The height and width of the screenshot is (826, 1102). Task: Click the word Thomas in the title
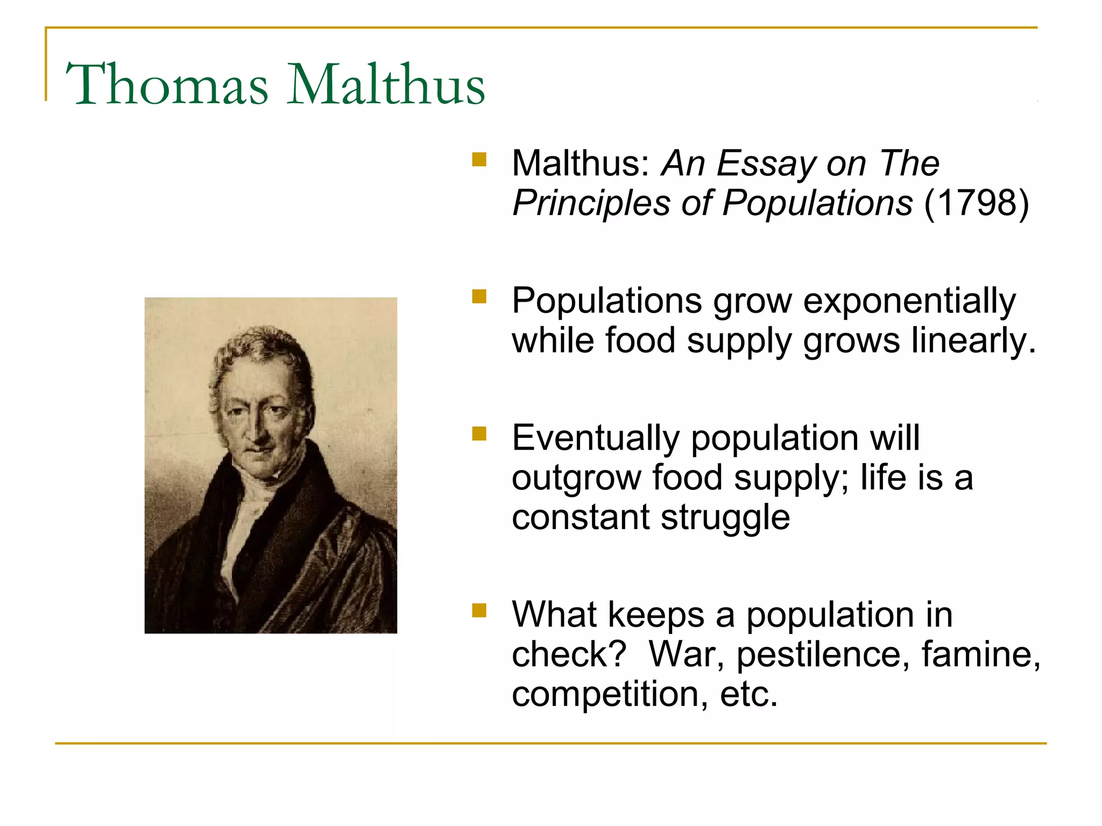click(x=167, y=85)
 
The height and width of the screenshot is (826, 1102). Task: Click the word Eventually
click(x=595, y=438)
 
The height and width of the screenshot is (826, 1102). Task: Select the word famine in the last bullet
click(x=980, y=655)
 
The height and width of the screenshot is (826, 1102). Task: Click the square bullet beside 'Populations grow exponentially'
click(x=479, y=297)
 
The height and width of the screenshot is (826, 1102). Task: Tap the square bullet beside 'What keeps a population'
click(x=479, y=610)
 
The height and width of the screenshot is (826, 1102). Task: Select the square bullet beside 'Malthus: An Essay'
click(x=479, y=160)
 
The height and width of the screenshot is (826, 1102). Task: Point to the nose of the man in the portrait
click(x=252, y=430)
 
